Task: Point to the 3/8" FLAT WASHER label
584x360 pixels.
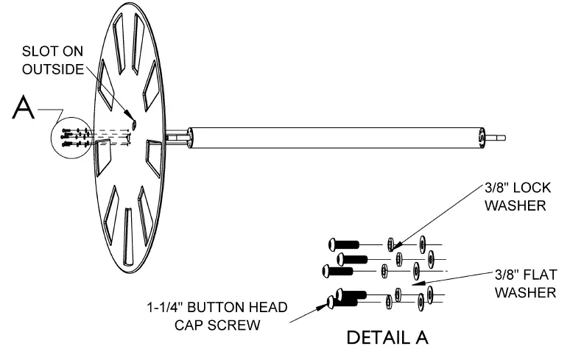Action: coord(524,283)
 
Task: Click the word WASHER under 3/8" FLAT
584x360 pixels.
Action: coord(525,292)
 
